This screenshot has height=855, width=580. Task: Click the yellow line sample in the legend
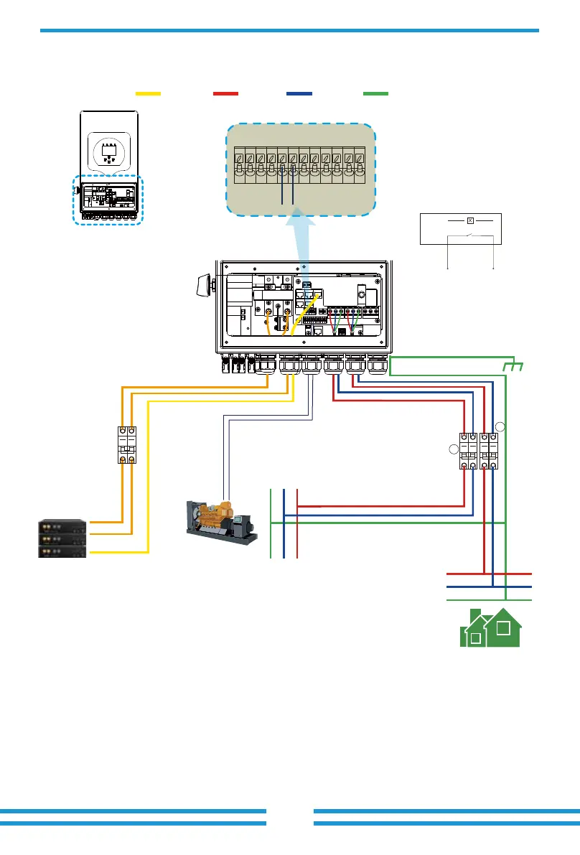148,93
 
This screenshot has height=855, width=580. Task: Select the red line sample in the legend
225,93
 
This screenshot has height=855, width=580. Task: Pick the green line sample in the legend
375,93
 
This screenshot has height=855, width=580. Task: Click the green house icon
490,627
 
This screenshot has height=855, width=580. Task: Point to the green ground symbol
515,367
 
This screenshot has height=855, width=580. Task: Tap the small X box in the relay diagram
469,220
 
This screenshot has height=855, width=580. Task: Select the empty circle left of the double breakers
453,450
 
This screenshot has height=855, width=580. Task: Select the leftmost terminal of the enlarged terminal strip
240,164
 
